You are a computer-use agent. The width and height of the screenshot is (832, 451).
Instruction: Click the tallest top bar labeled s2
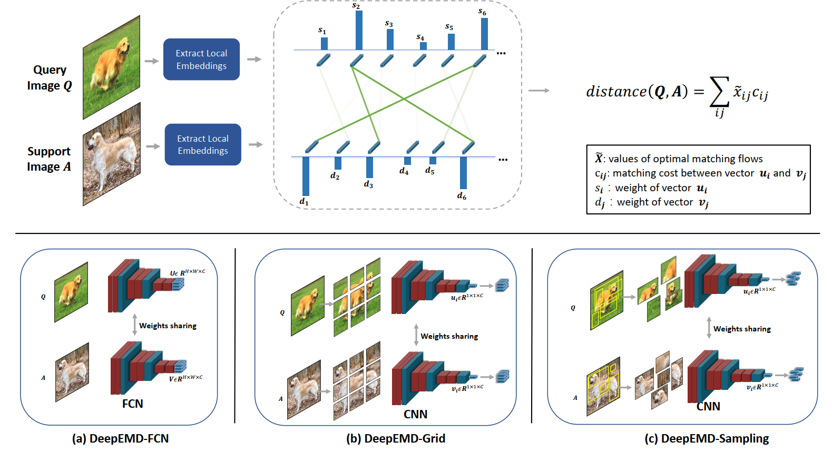(359, 30)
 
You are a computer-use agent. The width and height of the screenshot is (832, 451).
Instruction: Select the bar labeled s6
(484, 34)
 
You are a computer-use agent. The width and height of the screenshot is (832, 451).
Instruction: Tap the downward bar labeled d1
(306, 177)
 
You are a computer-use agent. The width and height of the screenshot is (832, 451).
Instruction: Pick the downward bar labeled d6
(463, 173)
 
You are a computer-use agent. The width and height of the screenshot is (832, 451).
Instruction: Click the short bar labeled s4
(423, 46)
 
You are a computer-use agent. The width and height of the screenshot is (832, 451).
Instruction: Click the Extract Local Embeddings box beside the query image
(201, 60)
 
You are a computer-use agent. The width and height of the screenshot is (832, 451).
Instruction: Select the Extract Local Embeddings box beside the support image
(203, 144)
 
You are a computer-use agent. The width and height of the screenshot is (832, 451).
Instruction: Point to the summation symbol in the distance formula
(720, 92)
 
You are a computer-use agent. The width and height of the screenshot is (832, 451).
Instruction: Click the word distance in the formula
(616, 92)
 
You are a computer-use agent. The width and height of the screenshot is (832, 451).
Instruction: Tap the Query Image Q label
(50, 77)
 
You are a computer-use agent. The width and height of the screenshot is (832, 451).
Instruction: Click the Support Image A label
(49, 159)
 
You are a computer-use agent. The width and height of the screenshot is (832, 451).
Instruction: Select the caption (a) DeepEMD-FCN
(120, 438)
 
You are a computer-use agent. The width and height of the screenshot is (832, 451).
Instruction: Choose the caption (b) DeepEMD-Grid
(395, 438)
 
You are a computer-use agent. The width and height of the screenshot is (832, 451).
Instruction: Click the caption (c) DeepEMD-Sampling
(706, 438)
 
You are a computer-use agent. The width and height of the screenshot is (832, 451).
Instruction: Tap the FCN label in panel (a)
(132, 404)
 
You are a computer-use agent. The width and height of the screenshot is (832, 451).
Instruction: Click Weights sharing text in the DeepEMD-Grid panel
(449, 336)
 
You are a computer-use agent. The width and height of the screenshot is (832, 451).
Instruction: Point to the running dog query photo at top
(111, 67)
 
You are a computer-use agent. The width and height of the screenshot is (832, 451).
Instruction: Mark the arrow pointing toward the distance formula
(539, 91)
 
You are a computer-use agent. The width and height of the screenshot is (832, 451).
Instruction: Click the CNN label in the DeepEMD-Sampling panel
(708, 406)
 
